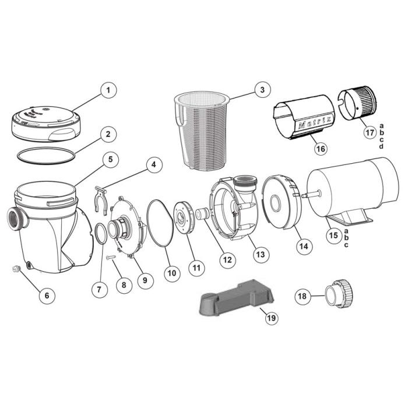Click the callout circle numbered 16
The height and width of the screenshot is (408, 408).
pyautogui.click(x=318, y=150)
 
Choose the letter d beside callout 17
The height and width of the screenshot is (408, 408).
pyautogui.click(x=381, y=146)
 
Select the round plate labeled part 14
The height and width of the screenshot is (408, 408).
pyautogui.click(x=278, y=204)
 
